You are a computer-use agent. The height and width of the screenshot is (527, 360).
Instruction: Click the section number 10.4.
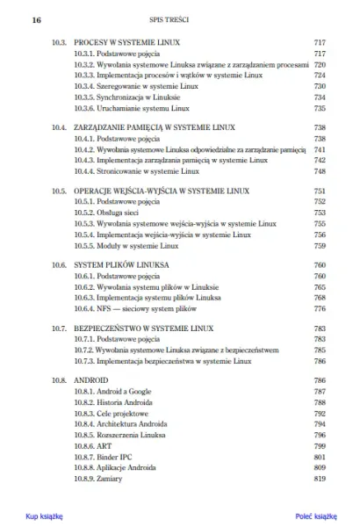pos(60,127)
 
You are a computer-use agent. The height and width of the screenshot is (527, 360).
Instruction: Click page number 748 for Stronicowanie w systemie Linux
pos(320,172)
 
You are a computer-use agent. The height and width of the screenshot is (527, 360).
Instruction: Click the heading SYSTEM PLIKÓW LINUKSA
pos(121,264)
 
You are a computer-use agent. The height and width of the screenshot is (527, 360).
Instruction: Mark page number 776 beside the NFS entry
pos(320,309)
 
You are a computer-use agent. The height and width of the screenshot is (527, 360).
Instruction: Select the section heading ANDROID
pos(92,379)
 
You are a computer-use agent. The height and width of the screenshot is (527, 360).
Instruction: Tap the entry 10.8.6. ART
pos(94,446)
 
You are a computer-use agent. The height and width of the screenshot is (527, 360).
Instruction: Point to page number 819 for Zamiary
pos(320,480)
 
